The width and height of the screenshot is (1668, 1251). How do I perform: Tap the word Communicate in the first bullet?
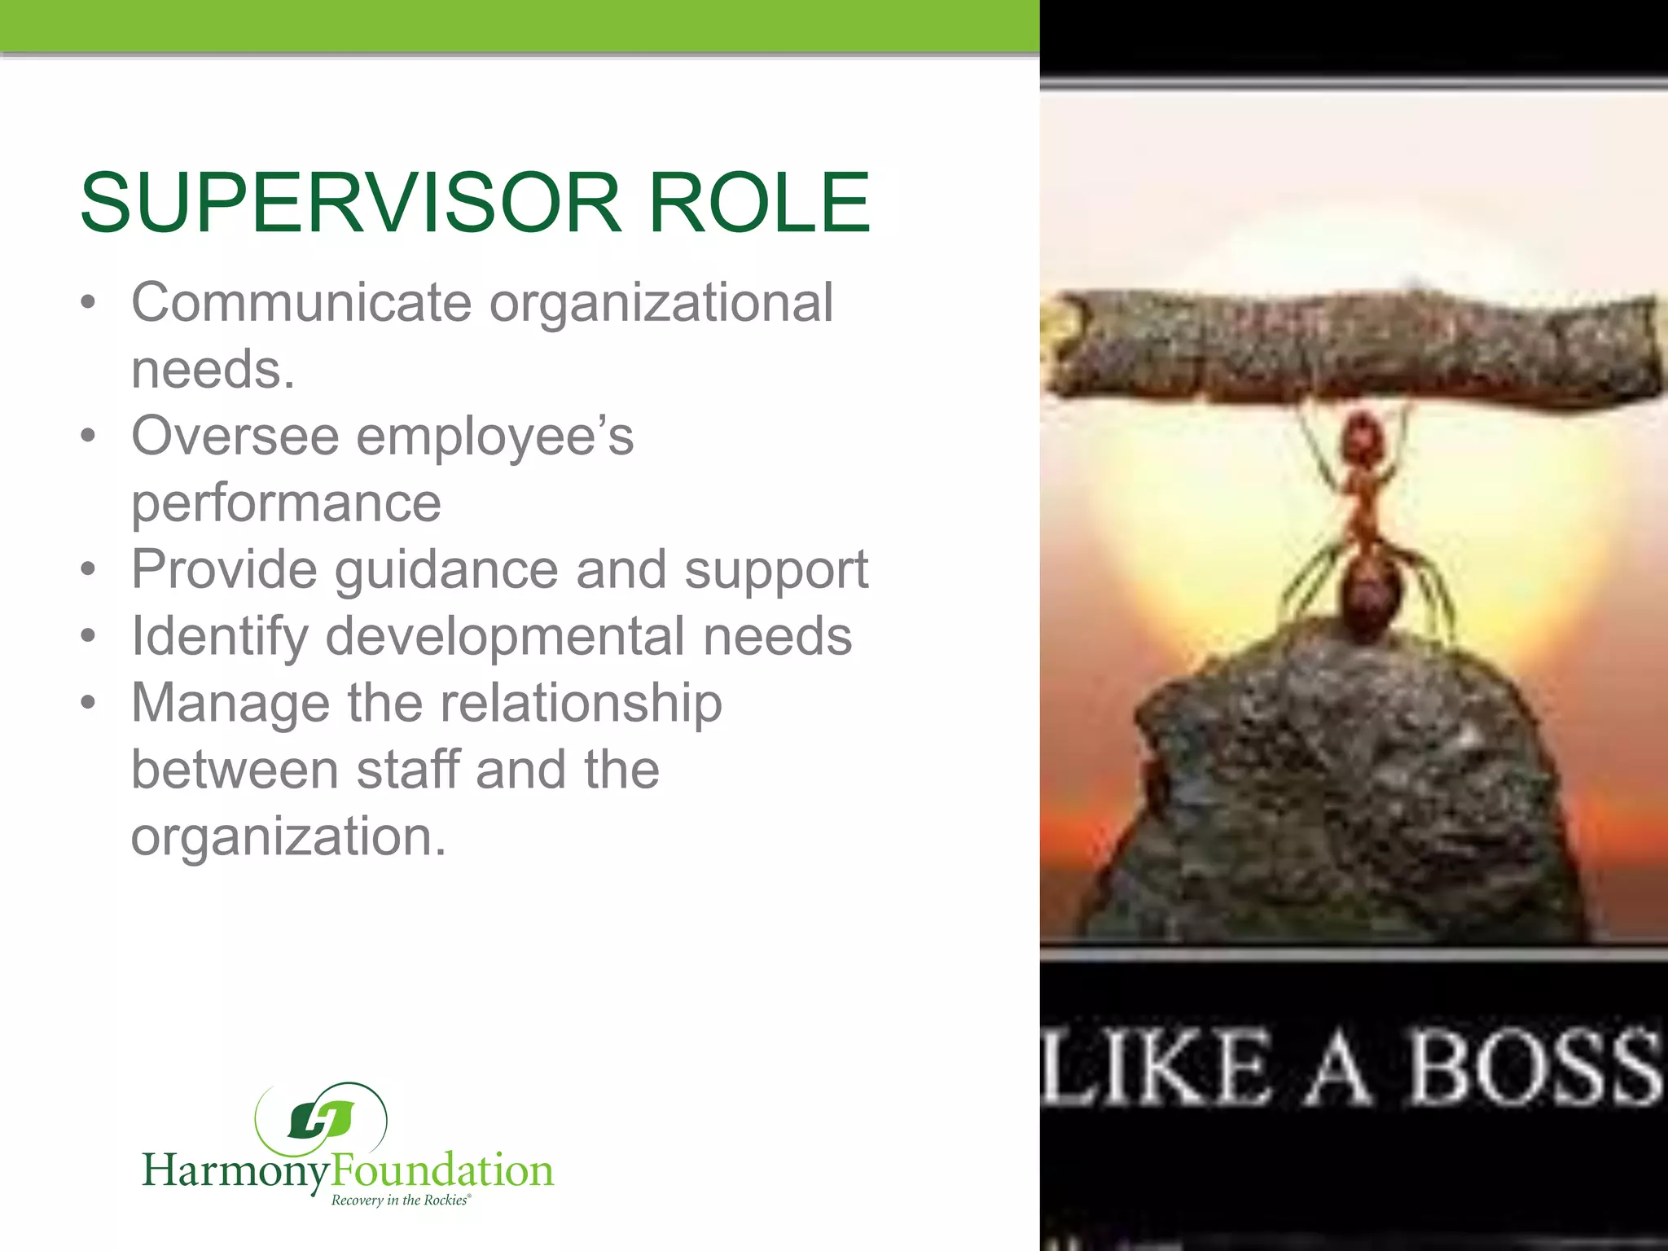(301, 303)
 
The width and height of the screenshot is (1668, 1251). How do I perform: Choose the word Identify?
(219, 638)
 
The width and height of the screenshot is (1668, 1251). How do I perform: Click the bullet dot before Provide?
(89, 569)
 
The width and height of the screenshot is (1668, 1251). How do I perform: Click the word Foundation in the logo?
(443, 1171)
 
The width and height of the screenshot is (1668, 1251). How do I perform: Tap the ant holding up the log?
(1364, 521)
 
